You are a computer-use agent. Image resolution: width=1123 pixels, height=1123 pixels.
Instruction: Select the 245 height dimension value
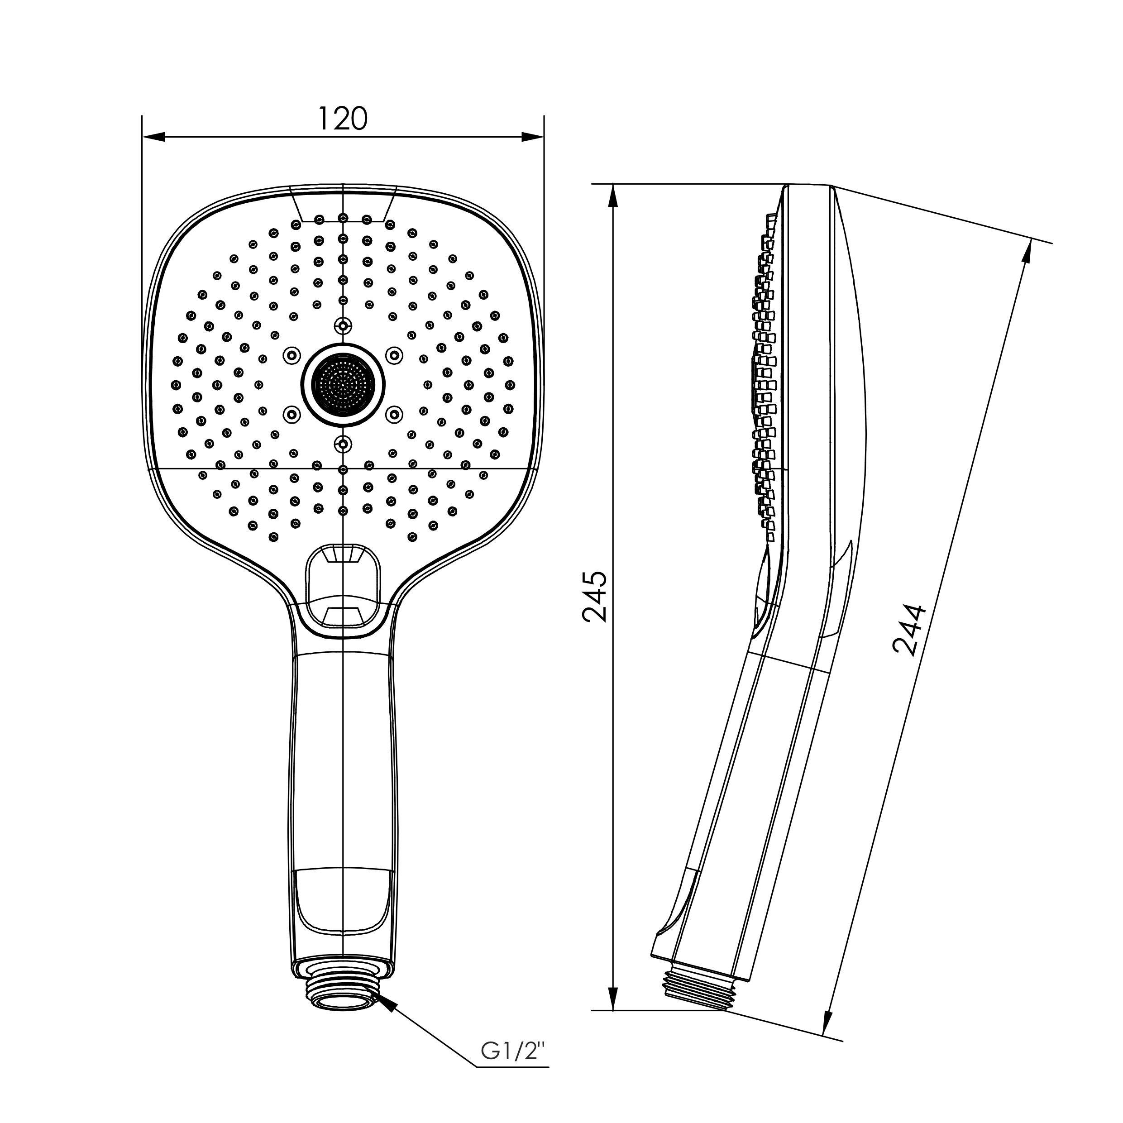[x=595, y=597]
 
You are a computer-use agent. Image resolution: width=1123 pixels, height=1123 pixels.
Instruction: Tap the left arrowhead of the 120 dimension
[x=153, y=137]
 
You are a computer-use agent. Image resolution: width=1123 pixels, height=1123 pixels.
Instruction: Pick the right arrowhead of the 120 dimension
[x=532, y=137]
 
